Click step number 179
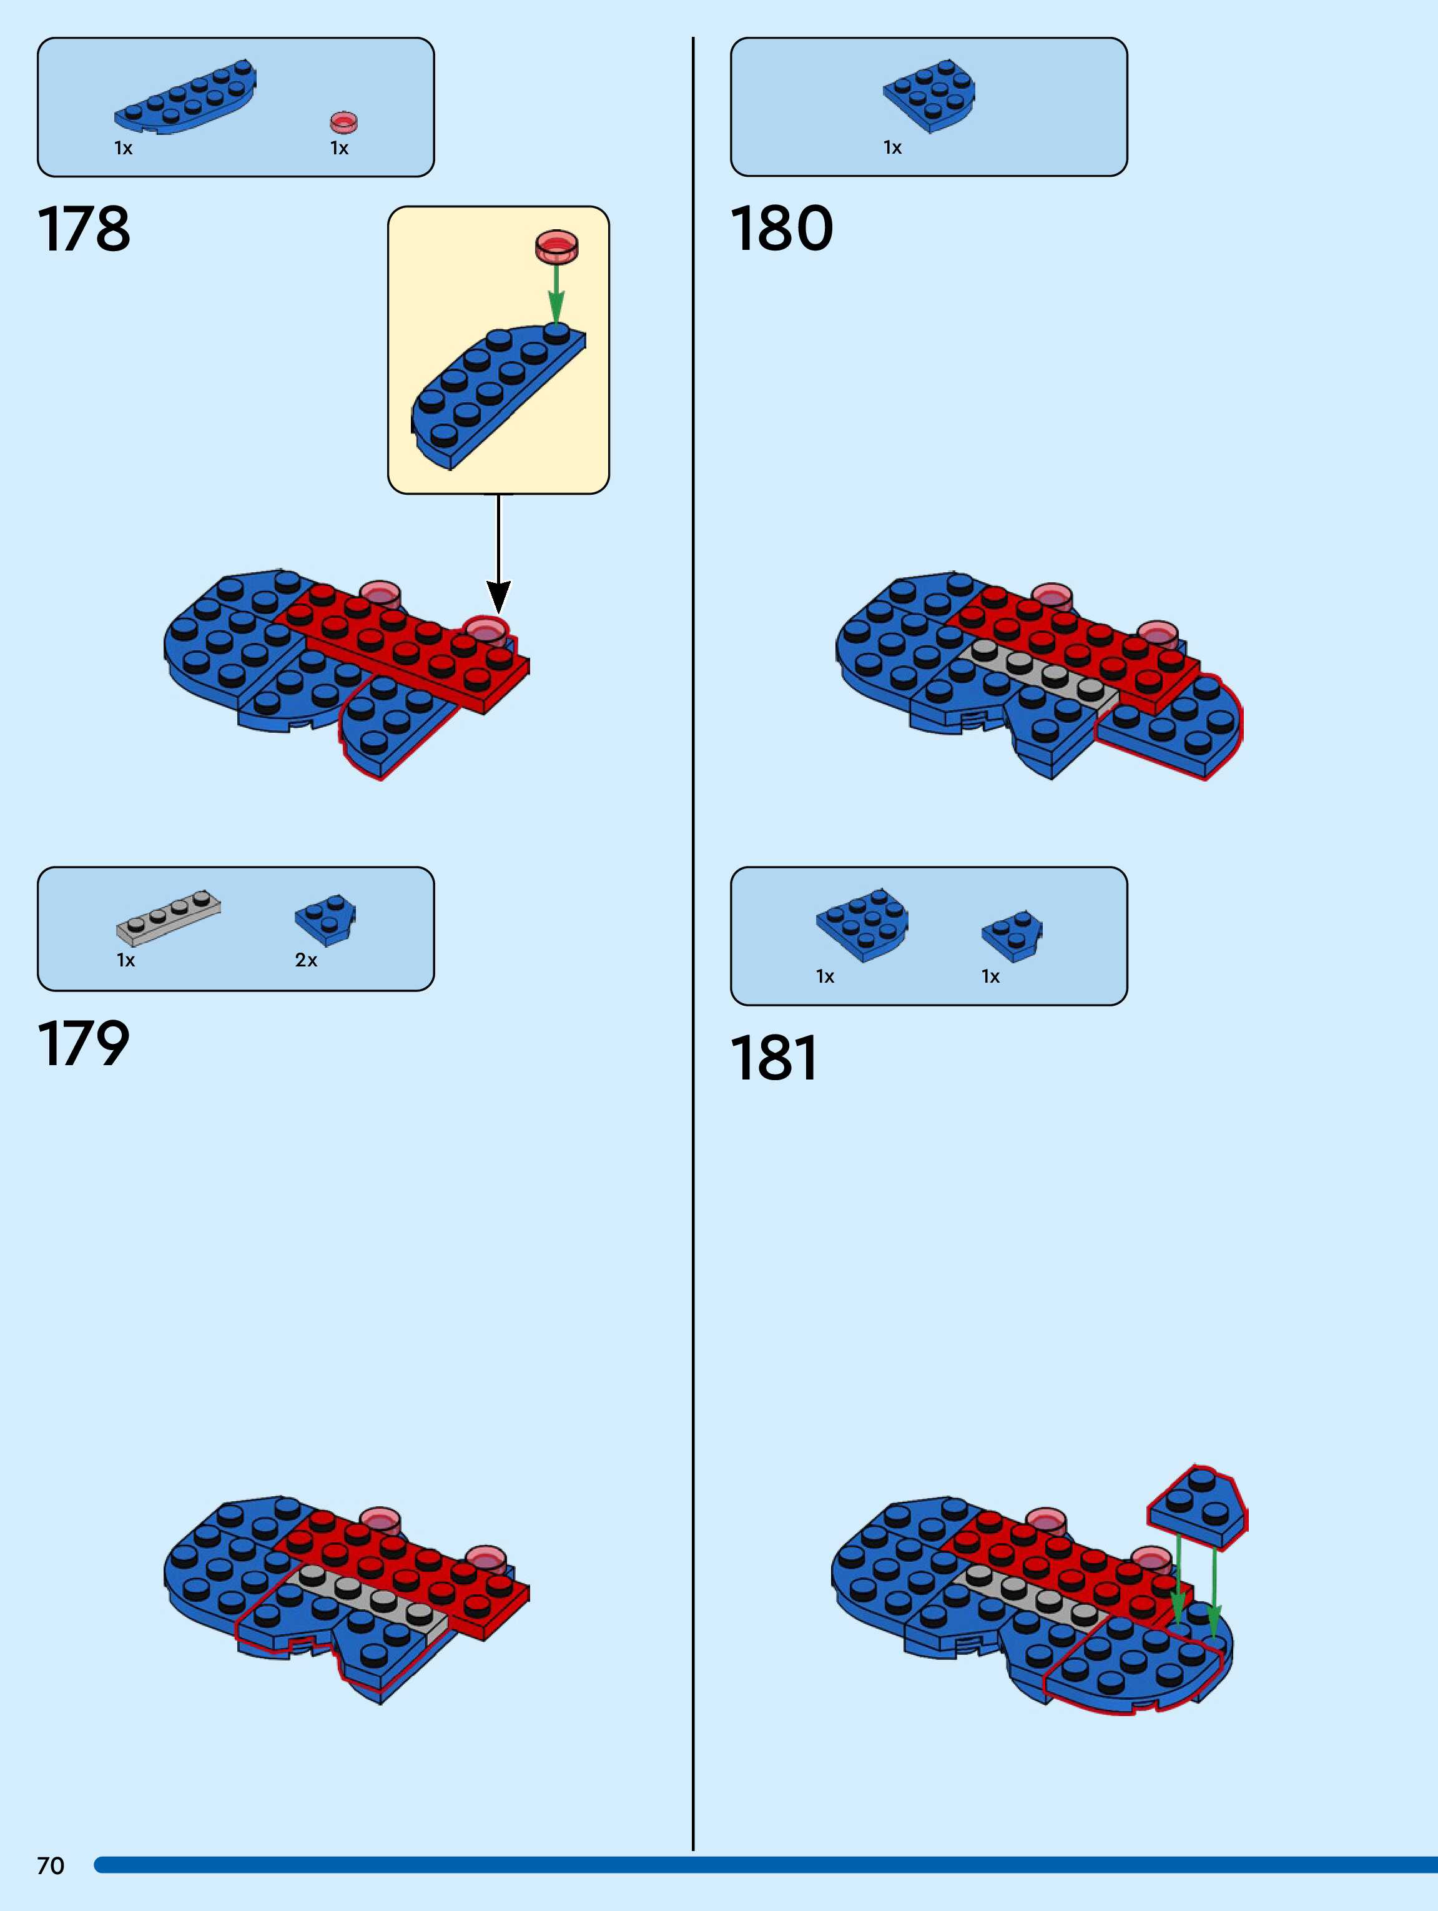[83, 1044]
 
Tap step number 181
[774, 1058]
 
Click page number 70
[50, 1866]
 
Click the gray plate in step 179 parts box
[169, 916]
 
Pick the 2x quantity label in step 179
[306, 960]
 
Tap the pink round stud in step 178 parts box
[344, 122]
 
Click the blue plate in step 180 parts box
[929, 95]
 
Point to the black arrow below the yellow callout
[498, 553]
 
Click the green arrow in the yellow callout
[556, 293]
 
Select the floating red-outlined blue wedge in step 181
[1198, 1506]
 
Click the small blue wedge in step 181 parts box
[1012, 934]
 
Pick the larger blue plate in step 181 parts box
[862, 923]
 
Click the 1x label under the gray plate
[126, 960]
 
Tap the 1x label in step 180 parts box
[892, 147]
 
